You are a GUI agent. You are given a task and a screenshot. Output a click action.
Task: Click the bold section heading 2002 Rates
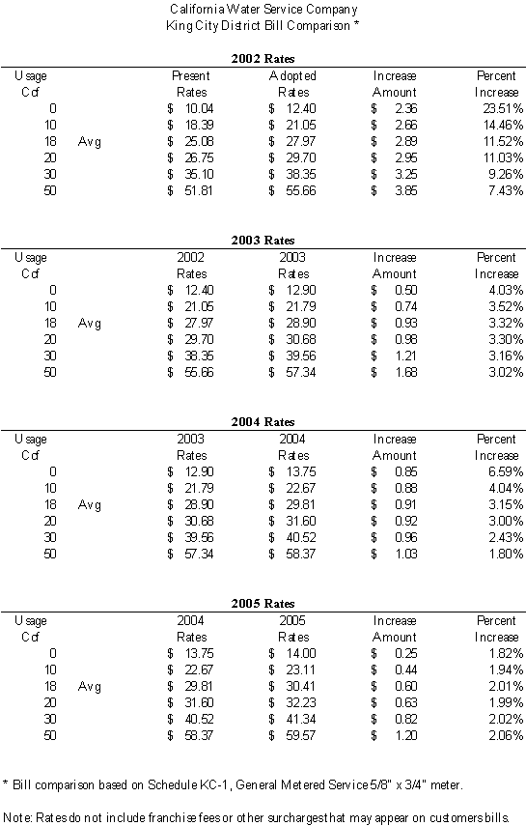[x=263, y=59]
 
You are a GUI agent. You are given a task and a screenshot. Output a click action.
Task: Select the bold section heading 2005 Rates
[x=263, y=604]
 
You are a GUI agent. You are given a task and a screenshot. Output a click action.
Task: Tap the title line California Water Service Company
[x=263, y=10]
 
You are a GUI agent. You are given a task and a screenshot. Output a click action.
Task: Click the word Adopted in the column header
[x=292, y=76]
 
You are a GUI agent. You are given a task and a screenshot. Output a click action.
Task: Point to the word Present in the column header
[x=191, y=76]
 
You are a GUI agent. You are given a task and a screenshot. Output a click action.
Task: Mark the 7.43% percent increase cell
[x=506, y=190]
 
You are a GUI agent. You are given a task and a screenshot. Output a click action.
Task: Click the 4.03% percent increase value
[x=506, y=290]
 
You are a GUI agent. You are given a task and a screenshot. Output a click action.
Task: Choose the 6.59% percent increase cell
[x=506, y=472]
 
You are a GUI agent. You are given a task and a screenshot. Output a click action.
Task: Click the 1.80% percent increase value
[x=506, y=555]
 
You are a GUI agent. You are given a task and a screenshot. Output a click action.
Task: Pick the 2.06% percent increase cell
[x=506, y=736]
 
